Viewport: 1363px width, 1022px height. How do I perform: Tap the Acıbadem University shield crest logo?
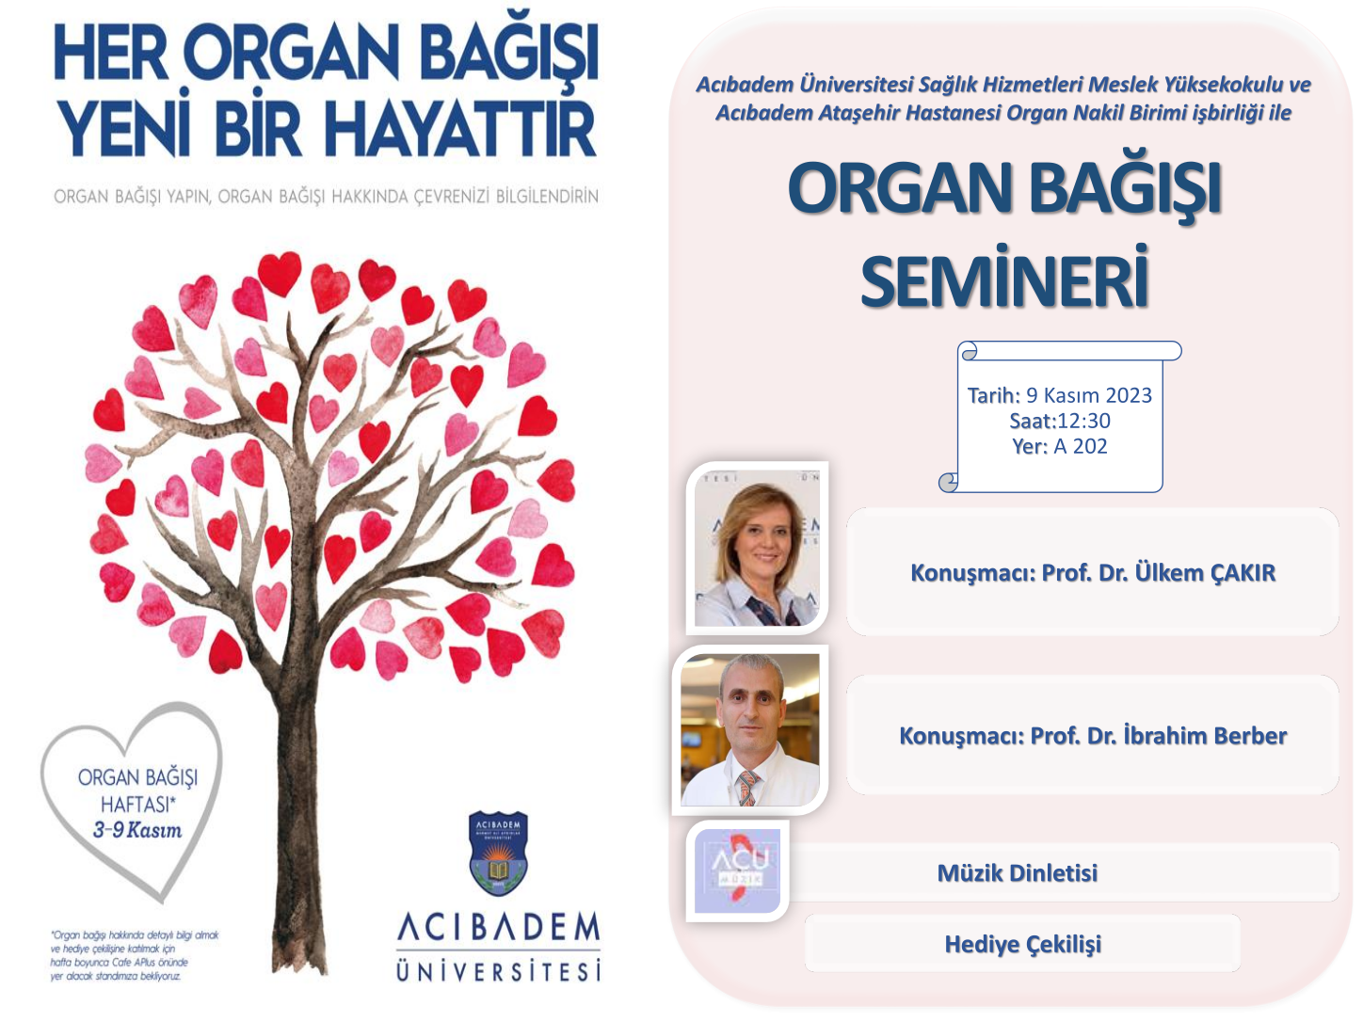(x=498, y=854)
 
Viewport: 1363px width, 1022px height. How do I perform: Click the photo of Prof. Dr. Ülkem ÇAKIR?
(x=757, y=548)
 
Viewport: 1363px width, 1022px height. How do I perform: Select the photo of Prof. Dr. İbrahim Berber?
(x=749, y=730)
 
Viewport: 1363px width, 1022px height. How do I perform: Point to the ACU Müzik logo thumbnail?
(x=738, y=871)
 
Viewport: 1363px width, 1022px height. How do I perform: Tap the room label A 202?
(x=1081, y=446)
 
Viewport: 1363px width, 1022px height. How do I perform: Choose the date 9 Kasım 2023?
(x=1089, y=395)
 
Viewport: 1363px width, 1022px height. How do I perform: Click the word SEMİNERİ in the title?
(x=1004, y=279)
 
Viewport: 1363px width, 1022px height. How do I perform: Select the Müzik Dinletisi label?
(x=1018, y=872)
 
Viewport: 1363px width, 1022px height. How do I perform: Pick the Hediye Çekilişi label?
(x=1022, y=944)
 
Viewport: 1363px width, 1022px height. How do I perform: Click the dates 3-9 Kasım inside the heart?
(x=137, y=830)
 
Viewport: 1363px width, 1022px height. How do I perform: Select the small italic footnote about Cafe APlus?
(x=134, y=955)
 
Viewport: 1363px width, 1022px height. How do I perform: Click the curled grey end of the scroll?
(x=949, y=482)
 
